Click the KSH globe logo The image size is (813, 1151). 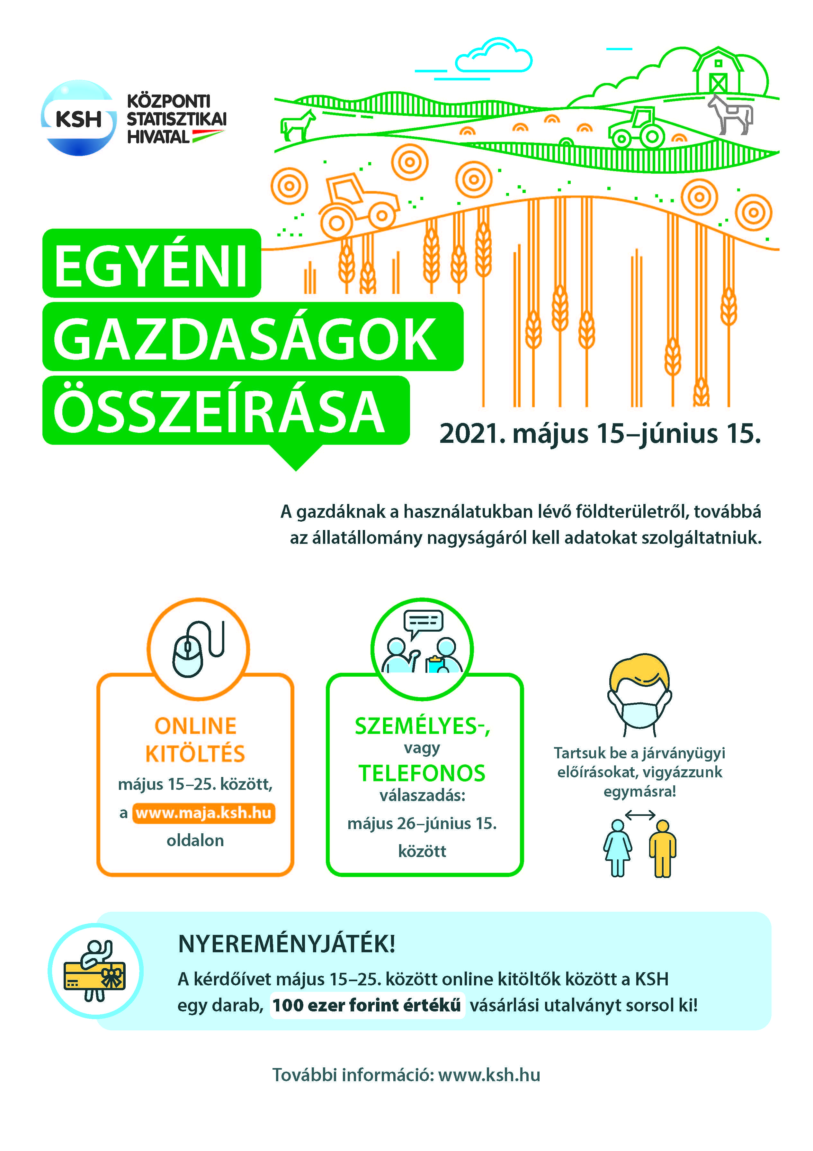coord(79,118)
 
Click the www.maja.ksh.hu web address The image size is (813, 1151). coord(203,813)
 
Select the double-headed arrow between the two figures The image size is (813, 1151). coord(640,815)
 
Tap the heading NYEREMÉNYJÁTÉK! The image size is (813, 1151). coord(287,944)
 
